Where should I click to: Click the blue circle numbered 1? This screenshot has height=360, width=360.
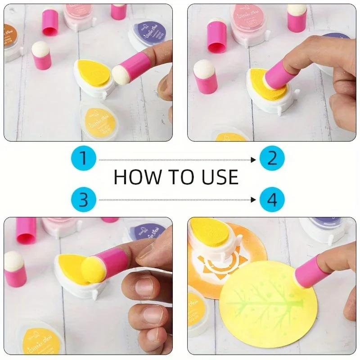(83, 159)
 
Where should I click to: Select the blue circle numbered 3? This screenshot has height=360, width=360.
(83, 198)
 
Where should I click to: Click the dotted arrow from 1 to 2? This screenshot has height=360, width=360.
(178, 159)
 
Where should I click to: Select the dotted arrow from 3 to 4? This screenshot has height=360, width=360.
(178, 199)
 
